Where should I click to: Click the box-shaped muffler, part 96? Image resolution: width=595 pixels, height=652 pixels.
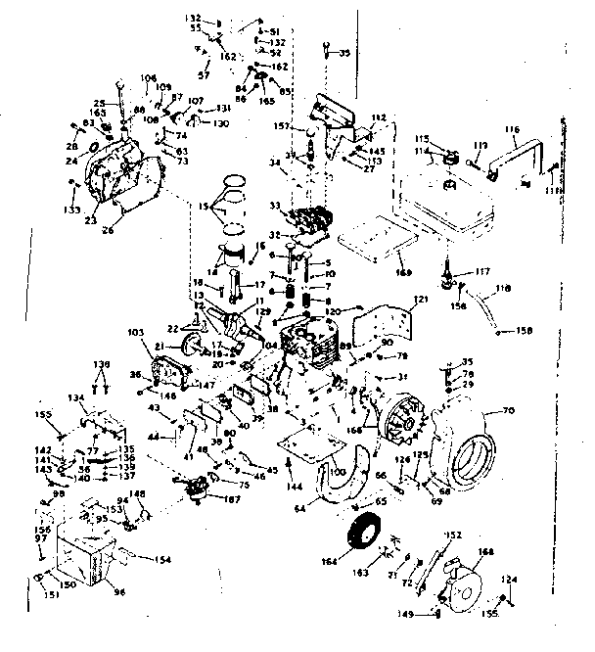[81, 558]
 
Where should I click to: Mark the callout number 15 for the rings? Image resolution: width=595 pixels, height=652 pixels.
[202, 207]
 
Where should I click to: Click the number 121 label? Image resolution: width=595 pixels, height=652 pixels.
[422, 298]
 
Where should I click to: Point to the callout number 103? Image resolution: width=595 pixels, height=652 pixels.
[135, 334]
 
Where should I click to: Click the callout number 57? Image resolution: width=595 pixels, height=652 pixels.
[205, 75]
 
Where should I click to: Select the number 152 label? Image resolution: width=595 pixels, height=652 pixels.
[453, 535]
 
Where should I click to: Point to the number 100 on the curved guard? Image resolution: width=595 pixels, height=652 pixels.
[339, 473]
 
